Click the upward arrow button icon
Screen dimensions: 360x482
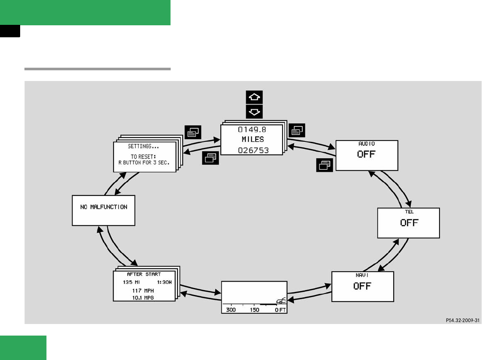pyautogui.click(x=254, y=97)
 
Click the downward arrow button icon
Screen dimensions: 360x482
pyautogui.click(x=254, y=112)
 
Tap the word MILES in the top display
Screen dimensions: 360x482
pyautogui.click(x=253, y=139)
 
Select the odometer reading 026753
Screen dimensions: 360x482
pyautogui.click(x=253, y=150)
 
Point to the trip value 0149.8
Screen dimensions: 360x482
pyautogui.click(x=253, y=129)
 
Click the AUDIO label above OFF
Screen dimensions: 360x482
pyautogui.click(x=366, y=144)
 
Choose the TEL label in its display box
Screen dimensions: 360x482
pyautogui.click(x=409, y=212)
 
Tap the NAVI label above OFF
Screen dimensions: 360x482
pyautogui.click(x=362, y=275)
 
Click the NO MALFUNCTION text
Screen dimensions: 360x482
pyautogui.click(x=104, y=207)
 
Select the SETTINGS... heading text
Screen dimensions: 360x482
pyautogui.click(x=143, y=147)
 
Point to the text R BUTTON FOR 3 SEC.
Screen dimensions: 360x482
pyautogui.click(x=144, y=163)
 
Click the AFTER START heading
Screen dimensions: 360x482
pyautogui.click(x=144, y=274)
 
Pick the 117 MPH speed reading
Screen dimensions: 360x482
pyautogui.click(x=144, y=291)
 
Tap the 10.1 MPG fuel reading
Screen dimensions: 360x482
pyautogui.click(x=144, y=297)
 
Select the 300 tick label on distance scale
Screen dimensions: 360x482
pyautogui.click(x=231, y=310)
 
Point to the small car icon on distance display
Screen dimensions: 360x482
pyautogui.click(x=281, y=301)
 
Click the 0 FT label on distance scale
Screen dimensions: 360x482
pyautogui.click(x=280, y=310)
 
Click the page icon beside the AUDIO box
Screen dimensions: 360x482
pyautogui.click(x=324, y=165)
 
